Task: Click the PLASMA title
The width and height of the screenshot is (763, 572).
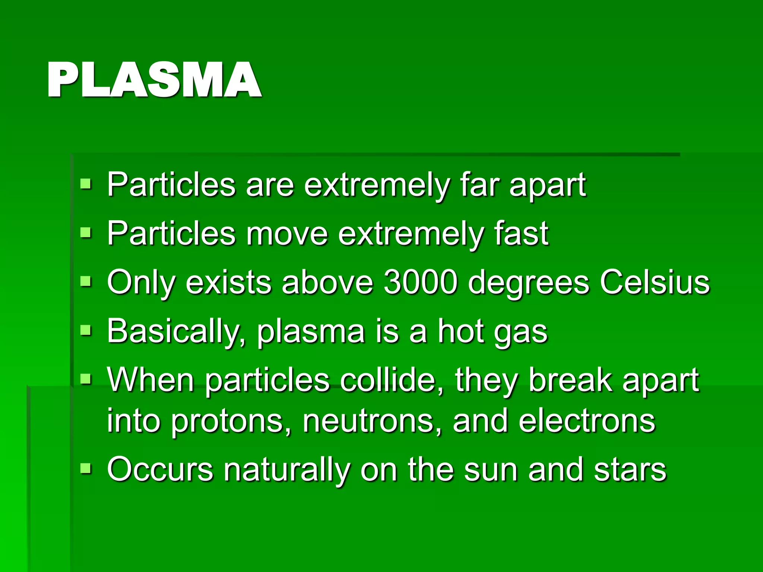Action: [154, 80]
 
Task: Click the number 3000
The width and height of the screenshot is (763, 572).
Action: [420, 282]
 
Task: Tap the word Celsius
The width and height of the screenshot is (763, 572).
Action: [655, 282]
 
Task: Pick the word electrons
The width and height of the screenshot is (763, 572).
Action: [587, 421]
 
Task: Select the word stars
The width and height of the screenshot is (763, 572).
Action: [630, 470]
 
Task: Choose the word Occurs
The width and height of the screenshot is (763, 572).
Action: [160, 470]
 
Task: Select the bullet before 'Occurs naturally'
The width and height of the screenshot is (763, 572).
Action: [86, 468]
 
